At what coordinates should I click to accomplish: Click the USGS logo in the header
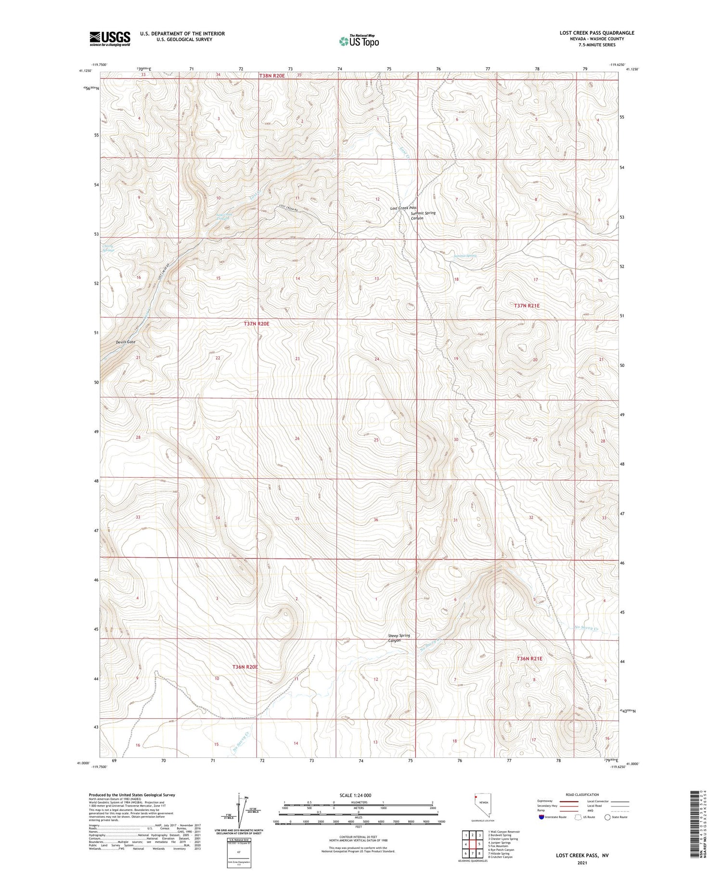click(x=110, y=39)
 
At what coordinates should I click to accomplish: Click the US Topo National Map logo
click(x=359, y=41)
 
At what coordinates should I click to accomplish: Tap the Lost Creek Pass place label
click(x=403, y=208)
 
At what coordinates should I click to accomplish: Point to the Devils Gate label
click(x=126, y=342)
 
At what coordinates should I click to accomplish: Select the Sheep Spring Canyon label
click(x=399, y=638)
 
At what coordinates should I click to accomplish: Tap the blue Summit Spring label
click(x=465, y=256)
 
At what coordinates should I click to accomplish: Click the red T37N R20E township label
click(x=256, y=324)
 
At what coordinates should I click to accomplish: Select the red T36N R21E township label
click(x=529, y=659)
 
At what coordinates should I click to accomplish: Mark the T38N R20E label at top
click(x=272, y=75)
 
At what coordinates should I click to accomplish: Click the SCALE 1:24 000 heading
click(x=356, y=795)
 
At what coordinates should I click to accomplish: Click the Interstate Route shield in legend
click(x=541, y=817)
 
